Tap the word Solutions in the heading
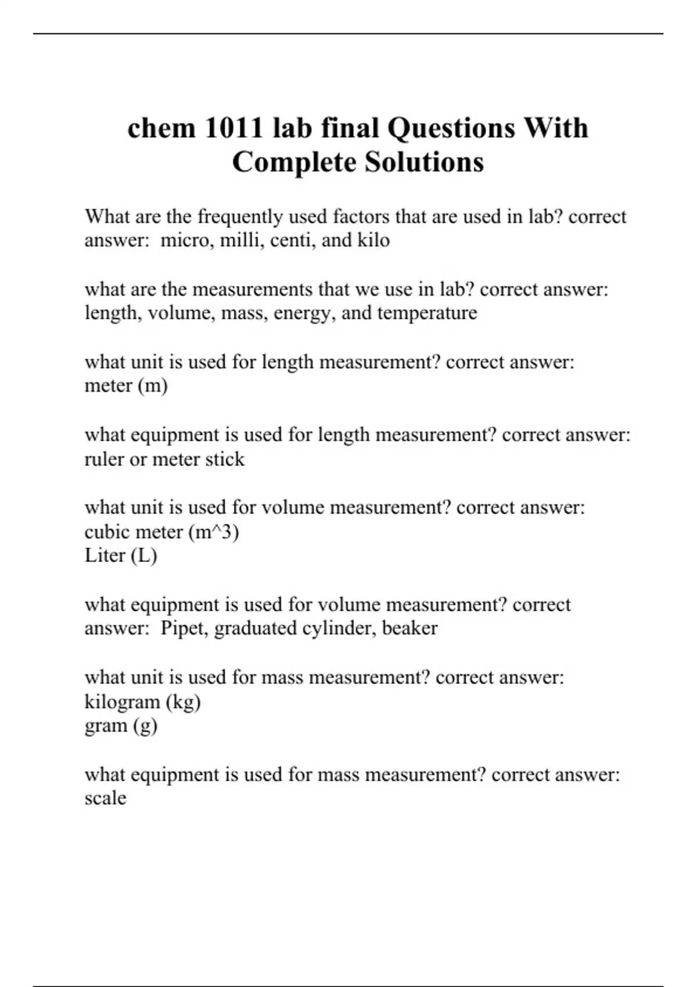click(425, 162)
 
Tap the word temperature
click(427, 313)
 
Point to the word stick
click(225, 459)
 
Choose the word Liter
click(105, 556)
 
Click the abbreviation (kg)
click(184, 702)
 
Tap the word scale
click(105, 798)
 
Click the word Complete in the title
click(294, 162)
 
